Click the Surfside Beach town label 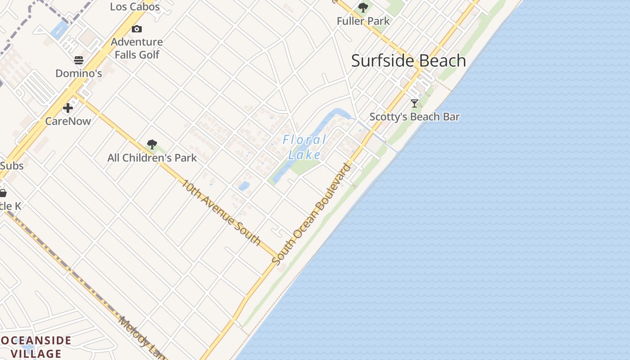click(408, 61)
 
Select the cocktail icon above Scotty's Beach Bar click(414, 103)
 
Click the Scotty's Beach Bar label click(414, 117)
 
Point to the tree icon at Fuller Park click(363, 8)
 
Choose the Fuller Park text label click(363, 21)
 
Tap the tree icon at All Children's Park click(152, 144)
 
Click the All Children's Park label click(152, 158)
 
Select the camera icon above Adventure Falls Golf click(137, 29)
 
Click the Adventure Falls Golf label click(137, 48)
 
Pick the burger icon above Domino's click(79, 60)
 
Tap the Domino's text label click(79, 73)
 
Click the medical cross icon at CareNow click(68, 108)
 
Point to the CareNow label click(68, 121)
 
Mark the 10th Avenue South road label click(221, 212)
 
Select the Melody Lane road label click(142, 337)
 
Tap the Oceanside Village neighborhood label click(36, 346)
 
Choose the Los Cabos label click(135, 6)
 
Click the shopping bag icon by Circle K click(3, 193)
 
